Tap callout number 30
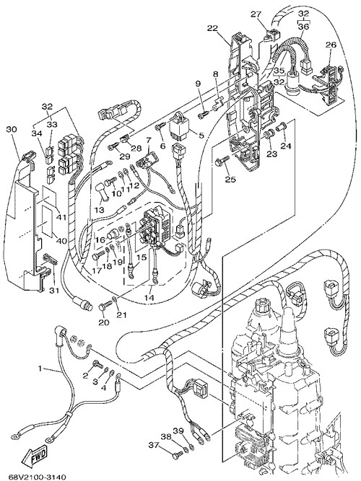(x=12, y=130)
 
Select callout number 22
(x=212, y=28)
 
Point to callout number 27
(x=256, y=14)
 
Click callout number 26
(x=331, y=45)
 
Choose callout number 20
(x=104, y=322)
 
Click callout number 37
(x=155, y=444)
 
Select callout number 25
(x=230, y=179)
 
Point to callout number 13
(x=100, y=210)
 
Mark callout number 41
(x=61, y=217)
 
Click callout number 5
(x=201, y=135)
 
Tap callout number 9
(x=198, y=84)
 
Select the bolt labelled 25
(x=223, y=160)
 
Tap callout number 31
(x=54, y=290)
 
